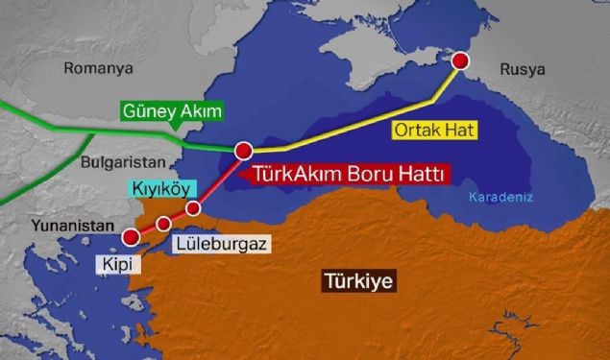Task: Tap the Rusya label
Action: pyautogui.click(x=522, y=70)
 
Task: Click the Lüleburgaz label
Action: pyautogui.click(x=222, y=244)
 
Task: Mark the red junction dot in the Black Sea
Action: pyautogui.click(x=243, y=151)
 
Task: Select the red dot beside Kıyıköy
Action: pyautogui.click(x=193, y=208)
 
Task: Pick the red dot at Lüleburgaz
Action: pyautogui.click(x=163, y=223)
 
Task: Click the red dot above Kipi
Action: pyautogui.click(x=130, y=235)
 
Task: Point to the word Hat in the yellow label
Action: pyautogui.click(x=460, y=129)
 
